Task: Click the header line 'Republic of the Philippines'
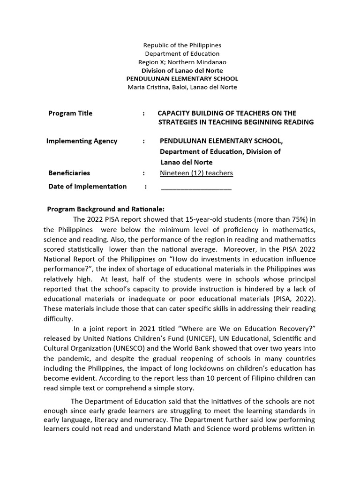(x=182, y=45)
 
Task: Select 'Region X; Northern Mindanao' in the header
(x=182, y=62)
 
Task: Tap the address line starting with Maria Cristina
(x=182, y=87)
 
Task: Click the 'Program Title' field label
(x=70, y=113)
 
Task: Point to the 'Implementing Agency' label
(x=82, y=141)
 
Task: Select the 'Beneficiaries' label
(x=69, y=173)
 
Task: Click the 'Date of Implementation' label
(x=87, y=187)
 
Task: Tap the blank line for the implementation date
(x=196, y=187)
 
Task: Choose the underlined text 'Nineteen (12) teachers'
(x=196, y=173)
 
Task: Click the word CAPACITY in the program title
(x=175, y=113)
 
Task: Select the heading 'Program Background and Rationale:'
(x=106, y=209)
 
